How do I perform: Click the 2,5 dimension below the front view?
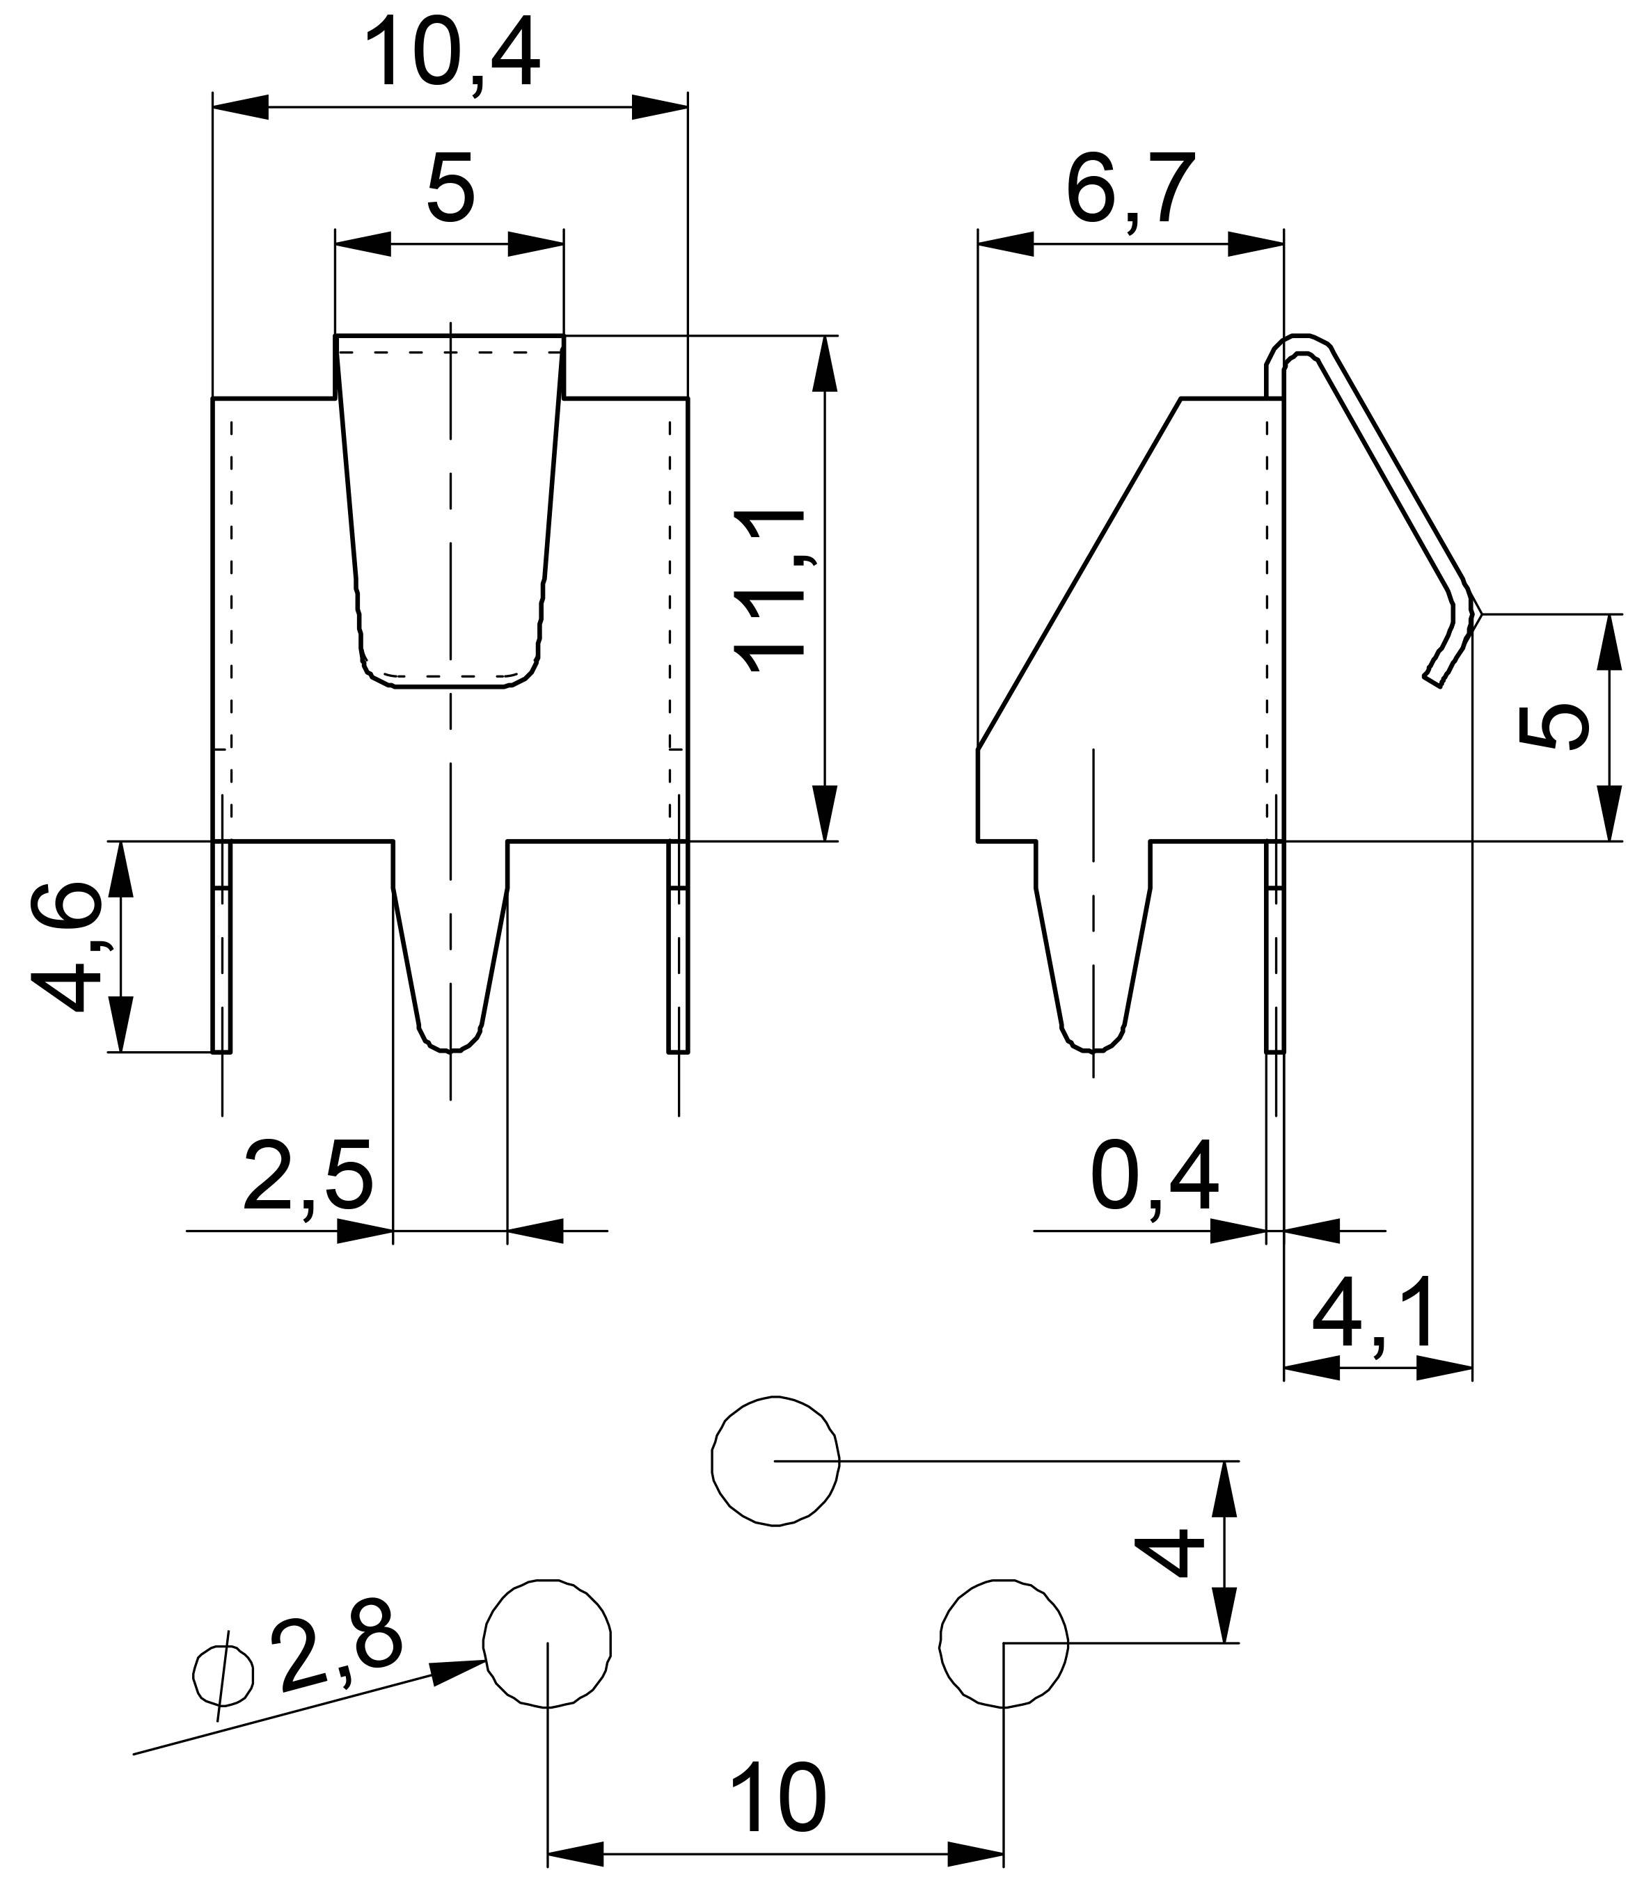tap(308, 1176)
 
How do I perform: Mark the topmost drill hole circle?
tap(775, 1461)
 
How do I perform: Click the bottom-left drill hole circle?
tap(547, 1643)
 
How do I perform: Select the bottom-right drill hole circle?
tap(1004, 1643)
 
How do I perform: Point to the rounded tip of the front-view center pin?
tap(450, 1044)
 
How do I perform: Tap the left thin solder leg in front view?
tap(222, 945)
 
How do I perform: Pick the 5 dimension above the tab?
tap(451, 190)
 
